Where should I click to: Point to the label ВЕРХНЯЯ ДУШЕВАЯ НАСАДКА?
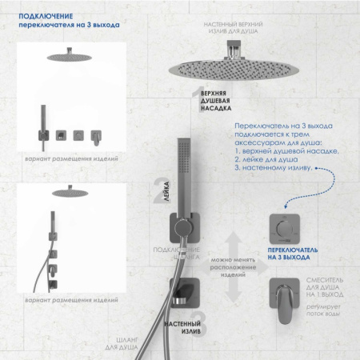click(x=221, y=105)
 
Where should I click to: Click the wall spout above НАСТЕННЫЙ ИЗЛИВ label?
click(x=185, y=290)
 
